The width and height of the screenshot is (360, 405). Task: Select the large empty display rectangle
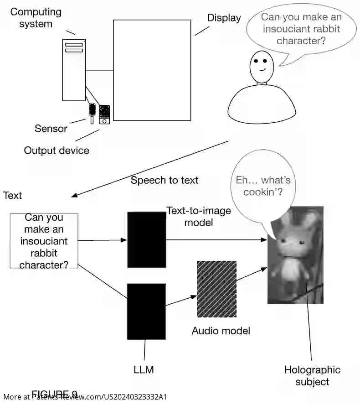tap(152, 70)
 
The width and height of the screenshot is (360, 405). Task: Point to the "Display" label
tap(224, 18)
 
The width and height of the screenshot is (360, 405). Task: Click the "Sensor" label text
tap(51, 129)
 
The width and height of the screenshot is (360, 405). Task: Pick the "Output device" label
tap(57, 151)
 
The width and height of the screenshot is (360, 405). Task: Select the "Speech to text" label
tap(165, 180)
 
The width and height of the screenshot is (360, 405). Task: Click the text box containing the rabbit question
tap(44, 240)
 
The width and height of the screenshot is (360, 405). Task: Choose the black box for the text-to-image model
tap(146, 239)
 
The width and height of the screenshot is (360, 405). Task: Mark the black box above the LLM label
tap(146, 312)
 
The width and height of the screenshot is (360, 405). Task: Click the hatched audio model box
tap(216, 289)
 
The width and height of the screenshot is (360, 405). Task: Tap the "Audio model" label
tap(221, 331)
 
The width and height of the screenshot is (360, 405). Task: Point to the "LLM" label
tap(144, 369)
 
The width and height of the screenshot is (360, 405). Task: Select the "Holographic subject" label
tap(312, 375)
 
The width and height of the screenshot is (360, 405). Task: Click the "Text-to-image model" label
tap(198, 217)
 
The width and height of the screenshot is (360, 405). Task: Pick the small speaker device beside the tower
tap(104, 114)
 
